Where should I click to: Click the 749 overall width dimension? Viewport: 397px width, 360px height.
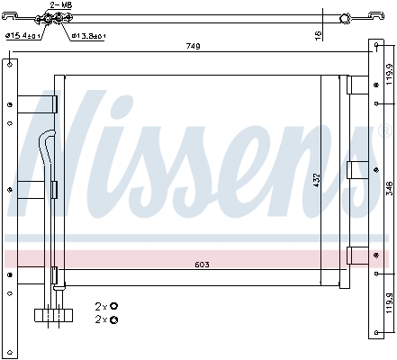click(193, 46)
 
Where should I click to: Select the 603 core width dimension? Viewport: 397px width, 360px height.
click(204, 265)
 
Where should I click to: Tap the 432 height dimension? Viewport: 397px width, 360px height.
click(316, 180)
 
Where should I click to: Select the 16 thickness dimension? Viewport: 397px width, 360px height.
click(318, 34)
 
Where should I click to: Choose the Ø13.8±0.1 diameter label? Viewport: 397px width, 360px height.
click(88, 36)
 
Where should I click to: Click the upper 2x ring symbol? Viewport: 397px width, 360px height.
click(113, 307)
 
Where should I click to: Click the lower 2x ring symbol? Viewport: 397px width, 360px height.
click(113, 319)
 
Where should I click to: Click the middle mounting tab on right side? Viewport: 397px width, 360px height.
click(356, 168)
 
